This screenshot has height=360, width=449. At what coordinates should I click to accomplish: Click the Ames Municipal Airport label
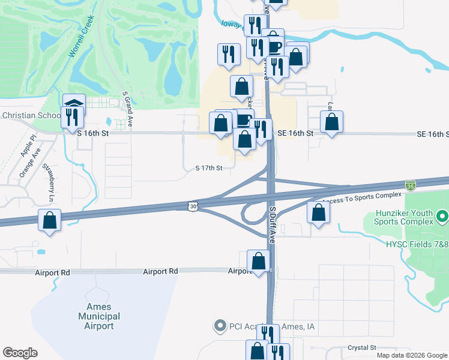[x=99, y=316]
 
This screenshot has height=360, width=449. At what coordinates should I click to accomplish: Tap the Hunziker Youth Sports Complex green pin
[x=442, y=215]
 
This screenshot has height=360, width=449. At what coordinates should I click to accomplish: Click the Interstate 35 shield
[x=410, y=185]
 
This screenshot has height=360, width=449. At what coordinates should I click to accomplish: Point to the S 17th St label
[x=209, y=169]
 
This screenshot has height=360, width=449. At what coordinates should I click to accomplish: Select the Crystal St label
[x=361, y=348]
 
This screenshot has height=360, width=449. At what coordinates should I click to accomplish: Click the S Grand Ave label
[x=128, y=108]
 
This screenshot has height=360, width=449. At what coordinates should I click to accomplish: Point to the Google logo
[x=20, y=353]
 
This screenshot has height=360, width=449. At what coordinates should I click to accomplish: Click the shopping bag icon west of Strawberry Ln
[x=49, y=220]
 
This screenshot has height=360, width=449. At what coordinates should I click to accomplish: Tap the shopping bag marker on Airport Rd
[x=259, y=262]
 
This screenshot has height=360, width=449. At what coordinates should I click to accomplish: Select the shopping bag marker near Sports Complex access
[x=319, y=212]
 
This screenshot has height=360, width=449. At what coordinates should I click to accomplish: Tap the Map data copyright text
[x=411, y=355]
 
